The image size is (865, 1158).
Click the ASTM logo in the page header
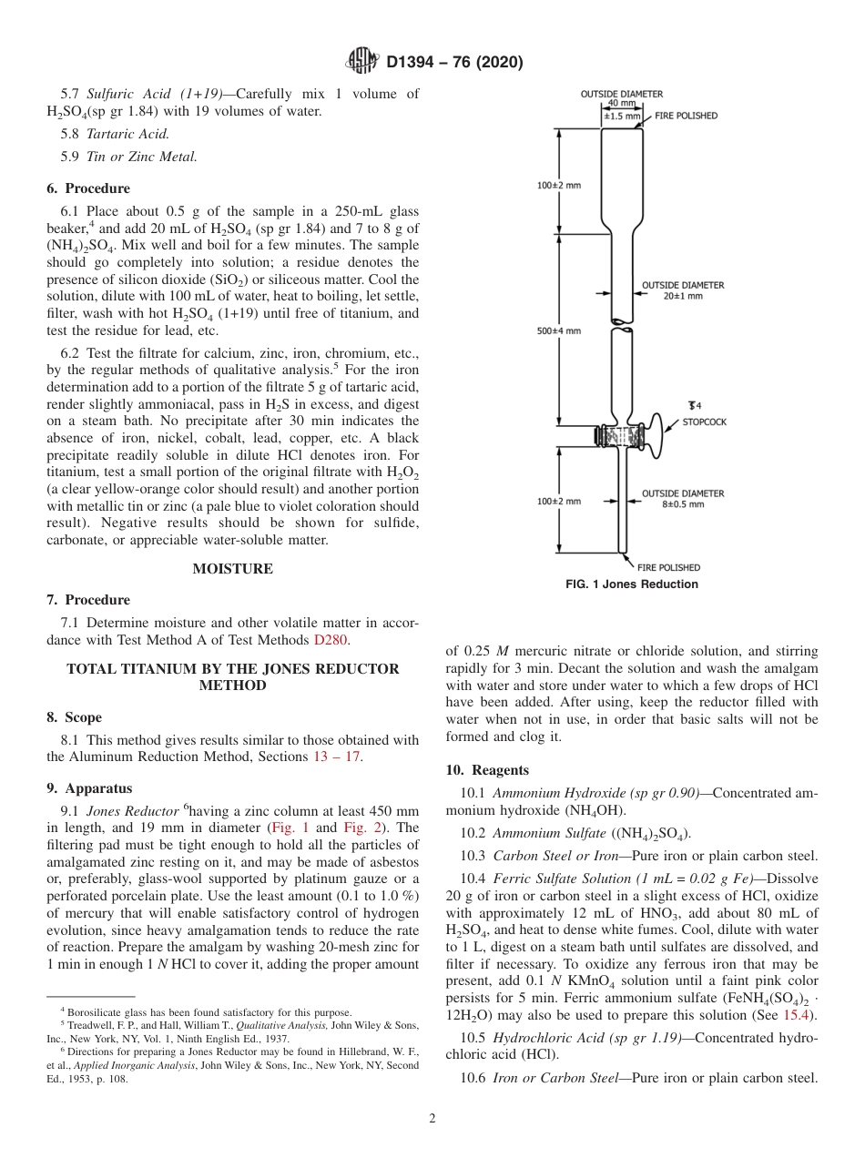point(361,62)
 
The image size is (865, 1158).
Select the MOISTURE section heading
point(232,569)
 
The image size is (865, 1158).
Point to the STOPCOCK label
point(704,422)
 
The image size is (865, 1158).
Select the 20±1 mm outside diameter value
point(682,296)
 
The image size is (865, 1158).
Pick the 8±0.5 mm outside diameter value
point(682,504)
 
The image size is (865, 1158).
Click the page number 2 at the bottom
point(432,1119)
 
